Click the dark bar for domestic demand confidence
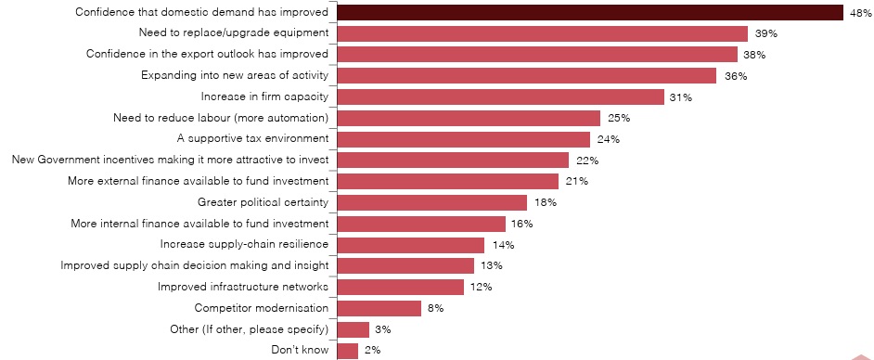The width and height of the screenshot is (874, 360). pyautogui.click(x=590, y=13)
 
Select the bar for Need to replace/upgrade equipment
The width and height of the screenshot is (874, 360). pyautogui.click(x=543, y=33)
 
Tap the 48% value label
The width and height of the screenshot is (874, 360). pyautogui.click(x=859, y=13)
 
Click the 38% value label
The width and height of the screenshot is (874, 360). pyautogui.click(x=753, y=55)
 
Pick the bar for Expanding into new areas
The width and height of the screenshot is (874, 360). pyautogui.click(x=527, y=76)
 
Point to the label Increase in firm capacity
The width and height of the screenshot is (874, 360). pyautogui.click(x=265, y=96)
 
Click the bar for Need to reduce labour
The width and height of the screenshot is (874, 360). pyautogui.click(x=469, y=118)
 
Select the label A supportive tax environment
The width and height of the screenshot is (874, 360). pyautogui.click(x=252, y=139)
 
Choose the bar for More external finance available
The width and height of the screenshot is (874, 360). pyautogui.click(x=448, y=181)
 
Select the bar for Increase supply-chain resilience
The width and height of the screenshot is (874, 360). pyautogui.click(x=411, y=245)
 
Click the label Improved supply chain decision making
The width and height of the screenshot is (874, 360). pyautogui.click(x=195, y=265)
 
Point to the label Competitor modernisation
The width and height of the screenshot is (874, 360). pyautogui.click(x=262, y=308)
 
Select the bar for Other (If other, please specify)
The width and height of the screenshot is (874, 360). pyautogui.click(x=353, y=329)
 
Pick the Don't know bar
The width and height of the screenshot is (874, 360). pyautogui.click(x=348, y=350)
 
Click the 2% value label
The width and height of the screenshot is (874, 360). pyautogui.click(x=372, y=350)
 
